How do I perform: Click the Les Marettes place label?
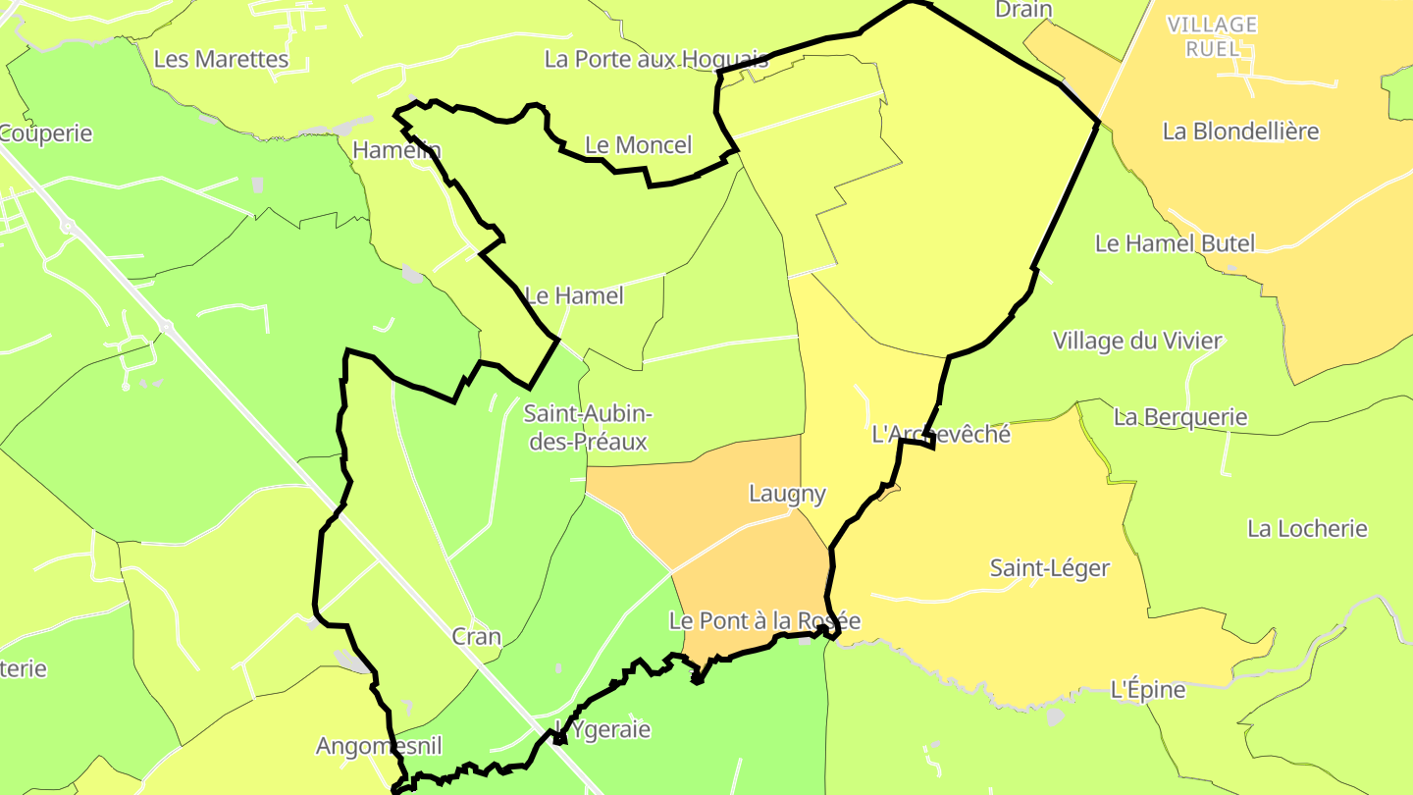[x=222, y=59]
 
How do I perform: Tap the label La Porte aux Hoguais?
[x=656, y=59]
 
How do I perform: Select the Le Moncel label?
[x=639, y=145]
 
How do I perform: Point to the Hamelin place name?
[x=397, y=150]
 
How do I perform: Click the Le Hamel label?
[x=575, y=294]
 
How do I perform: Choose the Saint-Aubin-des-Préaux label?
[x=587, y=427]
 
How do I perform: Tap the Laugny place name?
[x=788, y=494]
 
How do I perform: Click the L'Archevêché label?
[x=941, y=434]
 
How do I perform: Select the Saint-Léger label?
[x=1050, y=568]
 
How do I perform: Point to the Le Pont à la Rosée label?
[x=764, y=621]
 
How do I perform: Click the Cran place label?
[x=477, y=637]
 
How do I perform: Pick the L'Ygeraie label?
[x=602, y=729]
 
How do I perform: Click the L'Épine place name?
[x=1148, y=690]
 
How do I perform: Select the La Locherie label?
[x=1307, y=529]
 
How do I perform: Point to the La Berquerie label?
[x=1180, y=417]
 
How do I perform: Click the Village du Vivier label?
[x=1138, y=342]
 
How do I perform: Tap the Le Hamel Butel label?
[x=1176, y=243]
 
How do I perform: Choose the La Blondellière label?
[x=1241, y=132]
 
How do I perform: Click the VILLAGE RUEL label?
[x=1213, y=36]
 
